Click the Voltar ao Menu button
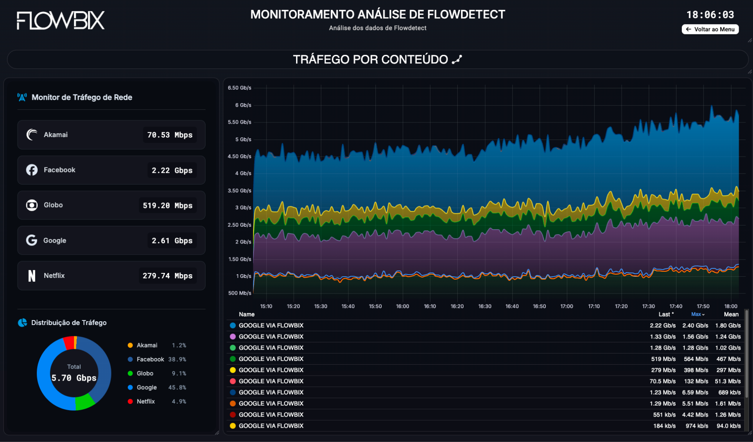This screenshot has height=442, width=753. [x=710, y=29]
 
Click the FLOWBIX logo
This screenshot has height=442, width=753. [x=61, y=20]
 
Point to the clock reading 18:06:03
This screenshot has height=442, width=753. [x=710, y=15]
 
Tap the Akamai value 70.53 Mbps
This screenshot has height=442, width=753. [x=170, y=135]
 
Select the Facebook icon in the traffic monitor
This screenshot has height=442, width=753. [x=32, y=170]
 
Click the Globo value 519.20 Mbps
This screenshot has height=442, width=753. [x=167, y=205]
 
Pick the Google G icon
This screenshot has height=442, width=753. [x=32, y=240]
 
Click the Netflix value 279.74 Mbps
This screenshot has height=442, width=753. [x=167, y=276]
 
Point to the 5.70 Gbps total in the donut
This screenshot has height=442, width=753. [x=74, y=378]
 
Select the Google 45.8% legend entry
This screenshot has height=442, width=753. [x=156, y=387]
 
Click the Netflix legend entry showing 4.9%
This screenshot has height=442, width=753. [x=156, y=401]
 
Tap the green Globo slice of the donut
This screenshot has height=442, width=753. [x=85, y=401]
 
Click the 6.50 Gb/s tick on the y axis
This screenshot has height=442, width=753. [x=240, y=88]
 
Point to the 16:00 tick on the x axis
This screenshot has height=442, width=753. [x=403, y=306]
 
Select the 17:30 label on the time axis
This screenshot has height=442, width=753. [x=649, y=306]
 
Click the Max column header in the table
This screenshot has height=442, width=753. [x=697, y=314]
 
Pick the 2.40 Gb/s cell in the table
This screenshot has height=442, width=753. [x=695, y=325]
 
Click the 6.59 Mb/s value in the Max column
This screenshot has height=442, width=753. [x=695, y=392]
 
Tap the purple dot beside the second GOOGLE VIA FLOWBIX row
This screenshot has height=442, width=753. [x=233, y=336]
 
